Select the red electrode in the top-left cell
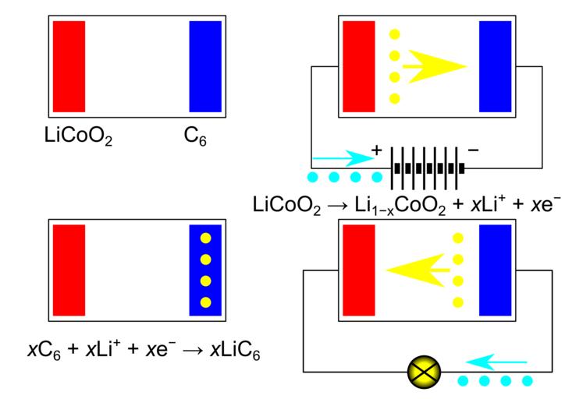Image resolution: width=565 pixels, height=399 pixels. [x=69, y=66]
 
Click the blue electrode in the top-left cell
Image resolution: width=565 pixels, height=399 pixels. [x=206, y=66]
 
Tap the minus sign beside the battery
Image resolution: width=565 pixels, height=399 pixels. [x=473, y=150]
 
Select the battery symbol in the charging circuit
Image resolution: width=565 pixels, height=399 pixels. [x=428, y=168]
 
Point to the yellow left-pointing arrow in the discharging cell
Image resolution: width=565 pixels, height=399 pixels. [x=418, y=270]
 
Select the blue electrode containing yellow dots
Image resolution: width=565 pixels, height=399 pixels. [x=206, y=270]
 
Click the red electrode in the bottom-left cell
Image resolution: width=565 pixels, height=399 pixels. [x=69, y=270]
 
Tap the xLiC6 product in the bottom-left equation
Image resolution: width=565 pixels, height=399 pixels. [x=236, y=350]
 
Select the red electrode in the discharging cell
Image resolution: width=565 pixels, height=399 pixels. [x=358, y=270]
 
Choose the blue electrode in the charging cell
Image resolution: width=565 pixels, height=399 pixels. [x=495, y=66]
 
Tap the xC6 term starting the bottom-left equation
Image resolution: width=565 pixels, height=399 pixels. [x=38, y=350]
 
